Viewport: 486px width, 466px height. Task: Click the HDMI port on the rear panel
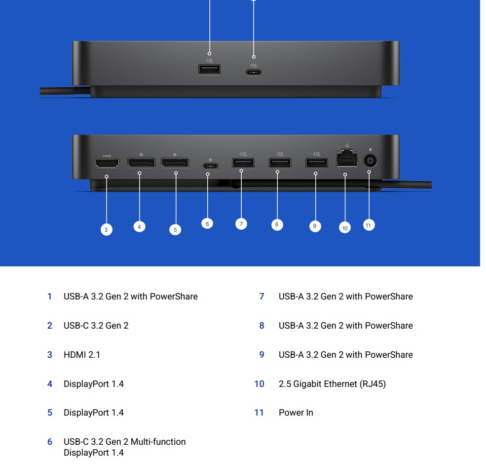click(x=107, y=163)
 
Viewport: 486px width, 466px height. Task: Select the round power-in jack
click(x=370, y=161)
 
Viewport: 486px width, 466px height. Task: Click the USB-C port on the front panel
click(x=254, y=72)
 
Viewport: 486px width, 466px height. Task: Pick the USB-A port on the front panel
click(x=210, y=69)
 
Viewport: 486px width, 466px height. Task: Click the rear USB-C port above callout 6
click(x=211, y=166)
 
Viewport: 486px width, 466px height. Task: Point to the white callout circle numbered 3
click(x=106, y=230)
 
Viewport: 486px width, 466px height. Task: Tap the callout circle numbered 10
click(x=345, y=228)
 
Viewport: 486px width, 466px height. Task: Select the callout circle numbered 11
click(x=369, y=225)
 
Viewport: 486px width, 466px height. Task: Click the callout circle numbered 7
click(x=241, y=224)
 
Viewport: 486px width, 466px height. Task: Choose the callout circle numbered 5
click(x=175, y=230)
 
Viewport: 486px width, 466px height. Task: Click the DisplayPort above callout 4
click(x=141, y=163)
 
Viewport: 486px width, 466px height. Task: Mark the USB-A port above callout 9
click(x=317, y=163)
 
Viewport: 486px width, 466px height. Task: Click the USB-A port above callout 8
click(x=280, y=163)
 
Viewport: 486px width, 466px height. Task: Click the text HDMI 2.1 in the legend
click(x=82, y=354)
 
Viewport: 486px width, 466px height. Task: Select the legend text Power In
click(x=296, y=413)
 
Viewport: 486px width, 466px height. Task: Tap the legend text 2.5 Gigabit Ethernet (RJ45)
click(x=332, y=384)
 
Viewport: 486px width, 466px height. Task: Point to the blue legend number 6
click(x=50, y=442)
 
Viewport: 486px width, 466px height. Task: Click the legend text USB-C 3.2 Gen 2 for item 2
click(x=96, y=325)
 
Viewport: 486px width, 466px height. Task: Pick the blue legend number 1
click(x=50, y=297)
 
